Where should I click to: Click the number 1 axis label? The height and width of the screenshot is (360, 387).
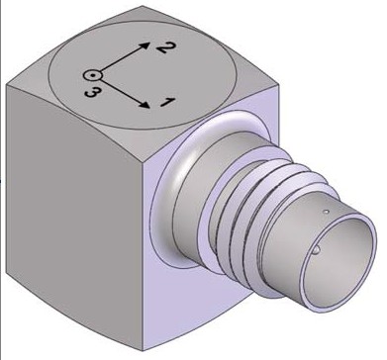tap(167, 102)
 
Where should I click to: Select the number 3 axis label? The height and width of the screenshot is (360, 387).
tap(91, 92)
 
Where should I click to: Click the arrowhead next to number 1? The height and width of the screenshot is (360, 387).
tap(145, 104)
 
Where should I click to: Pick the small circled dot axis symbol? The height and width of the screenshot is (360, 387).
tap(93, 75)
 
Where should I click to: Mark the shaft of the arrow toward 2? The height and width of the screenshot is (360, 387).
tap(121, 59)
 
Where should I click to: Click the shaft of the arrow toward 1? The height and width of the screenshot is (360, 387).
tap(122, 92)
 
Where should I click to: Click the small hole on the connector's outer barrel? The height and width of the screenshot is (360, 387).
tap(326, 212)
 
